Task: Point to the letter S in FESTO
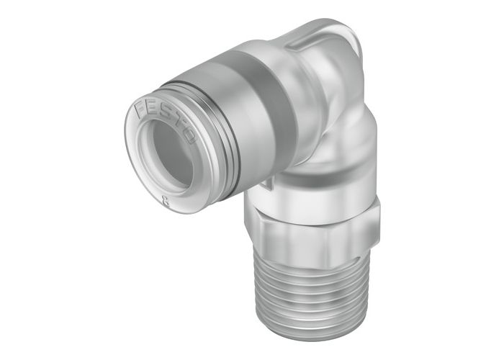(x=167, y=109)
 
